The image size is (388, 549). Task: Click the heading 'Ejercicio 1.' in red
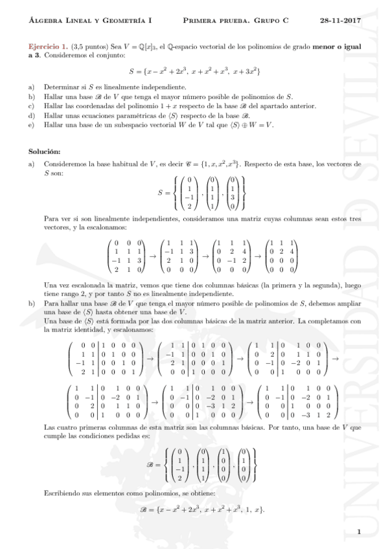[48, 47]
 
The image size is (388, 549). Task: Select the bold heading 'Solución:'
[44, 151]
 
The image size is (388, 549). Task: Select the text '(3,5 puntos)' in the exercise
[87, 47]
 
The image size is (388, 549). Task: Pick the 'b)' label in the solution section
[32, 302]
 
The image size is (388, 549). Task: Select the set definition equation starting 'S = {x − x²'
[194, 69]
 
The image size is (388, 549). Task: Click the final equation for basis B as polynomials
[194, 509]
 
